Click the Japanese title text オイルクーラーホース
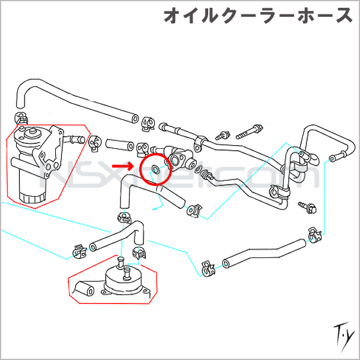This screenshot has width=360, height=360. pyautogui.click(x=258, y=17)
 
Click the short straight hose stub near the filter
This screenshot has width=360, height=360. pyautogui.click(x=119, y=145)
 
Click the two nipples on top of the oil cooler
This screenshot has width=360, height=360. pyautogui.click(x=123, y=267)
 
